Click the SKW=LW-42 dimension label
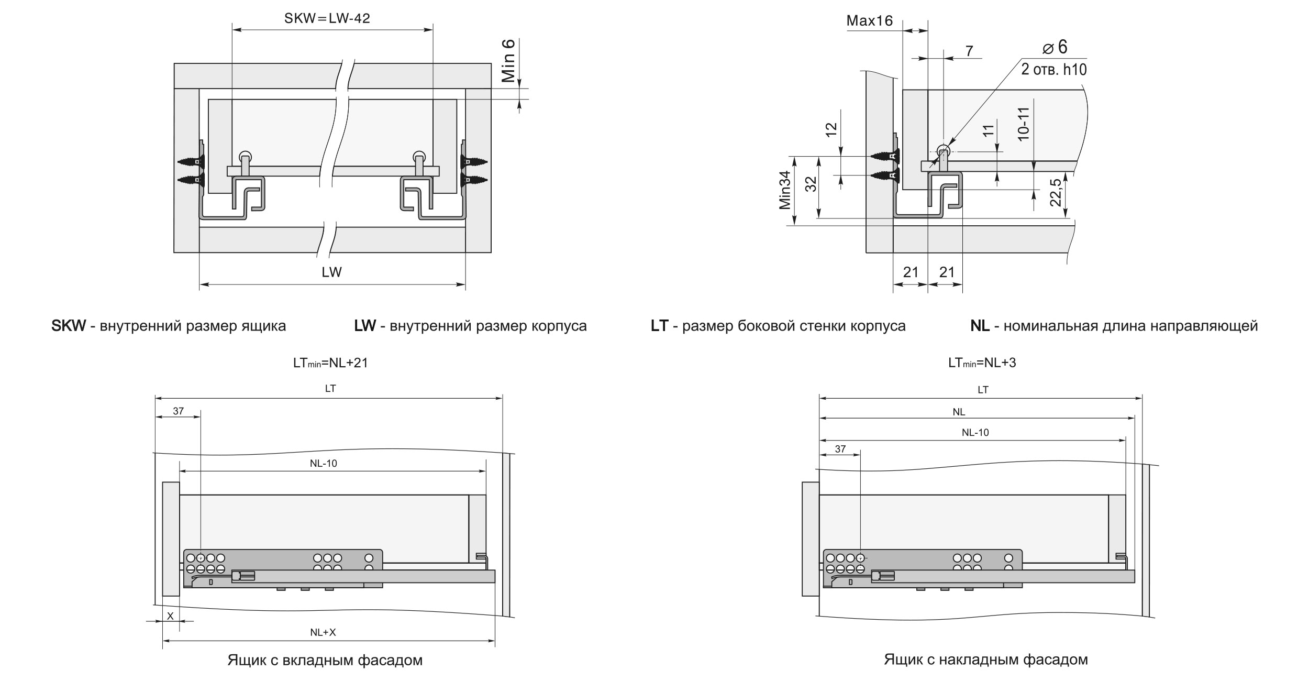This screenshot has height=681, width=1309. point(327,19)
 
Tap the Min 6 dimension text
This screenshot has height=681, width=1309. point(508,60)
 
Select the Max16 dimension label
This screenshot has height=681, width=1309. point(869,21)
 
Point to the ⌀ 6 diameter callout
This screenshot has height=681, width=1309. point(1055,47)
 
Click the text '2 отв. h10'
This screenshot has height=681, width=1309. point(1053,69)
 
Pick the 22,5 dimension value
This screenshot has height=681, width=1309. point(1056,192)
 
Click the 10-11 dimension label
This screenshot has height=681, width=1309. point(1024,123)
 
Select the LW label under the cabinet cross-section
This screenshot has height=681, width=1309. point(331,272)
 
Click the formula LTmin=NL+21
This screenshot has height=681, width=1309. point(330,363)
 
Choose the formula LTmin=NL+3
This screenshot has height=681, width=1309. point(982,363)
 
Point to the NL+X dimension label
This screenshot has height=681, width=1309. point(323,632)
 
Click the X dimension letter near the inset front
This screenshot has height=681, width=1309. point(170,616)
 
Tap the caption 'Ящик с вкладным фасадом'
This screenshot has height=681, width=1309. point(325,660)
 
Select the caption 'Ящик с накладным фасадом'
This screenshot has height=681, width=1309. point(985,660)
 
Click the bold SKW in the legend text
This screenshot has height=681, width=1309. point(68,326)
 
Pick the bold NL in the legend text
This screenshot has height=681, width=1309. point(980,326)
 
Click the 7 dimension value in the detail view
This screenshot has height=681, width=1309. point(969,51)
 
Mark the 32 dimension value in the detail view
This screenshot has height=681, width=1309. point(811,184)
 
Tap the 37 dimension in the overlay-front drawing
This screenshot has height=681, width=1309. point(840,449)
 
